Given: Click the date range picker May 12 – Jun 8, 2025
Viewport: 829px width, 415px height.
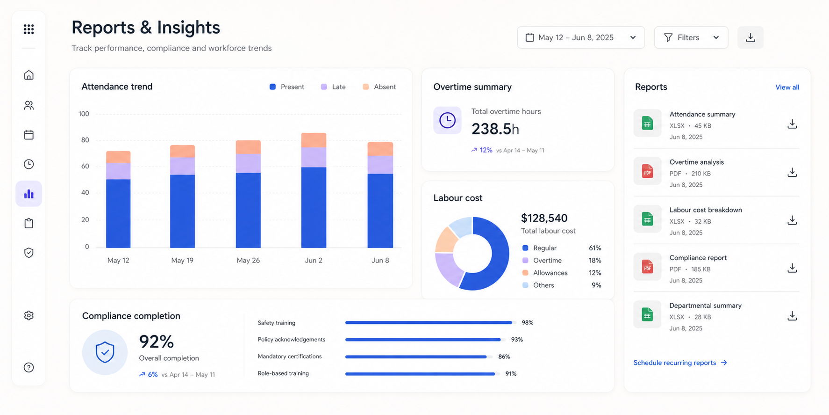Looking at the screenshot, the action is pyautogui.click(x=581, y=37).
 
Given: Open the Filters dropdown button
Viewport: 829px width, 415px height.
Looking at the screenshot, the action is pyautogui.click(x=691, y=37).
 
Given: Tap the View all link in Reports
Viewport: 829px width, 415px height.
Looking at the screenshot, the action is pyautogui.click(x=787, y=87).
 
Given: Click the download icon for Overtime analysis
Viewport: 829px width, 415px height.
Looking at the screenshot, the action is pyautogui.click(x=792, y=173).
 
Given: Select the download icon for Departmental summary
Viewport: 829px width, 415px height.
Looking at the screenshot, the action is pyautogui.click(x=792, y=316).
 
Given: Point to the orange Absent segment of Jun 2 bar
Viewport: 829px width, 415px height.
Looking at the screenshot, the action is pyautogui.click(x=314, y=140).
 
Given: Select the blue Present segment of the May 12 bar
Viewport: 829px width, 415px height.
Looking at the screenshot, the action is pyautogui.click(x=118, y=213).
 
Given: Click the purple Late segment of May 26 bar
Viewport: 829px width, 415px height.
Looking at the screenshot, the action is pyautogui.click(x=248, y=164).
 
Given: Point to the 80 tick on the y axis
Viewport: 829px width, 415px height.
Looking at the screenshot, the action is pyautogui.click(x=85, y=140).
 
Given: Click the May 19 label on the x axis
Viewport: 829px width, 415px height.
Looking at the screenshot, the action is pyautogui.click(x=182, y=260).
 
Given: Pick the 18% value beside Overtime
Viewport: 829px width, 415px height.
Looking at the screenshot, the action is pyautogui.click(x=595, y=261).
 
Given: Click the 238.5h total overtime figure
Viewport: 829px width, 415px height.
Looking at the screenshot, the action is pyautogui.click(x=495, y=129).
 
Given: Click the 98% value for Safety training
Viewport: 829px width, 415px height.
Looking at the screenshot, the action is pyautogui.click(x=528, y=323).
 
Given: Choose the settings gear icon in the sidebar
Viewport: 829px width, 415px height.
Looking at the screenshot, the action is pyautogui.click(x=29, y=315).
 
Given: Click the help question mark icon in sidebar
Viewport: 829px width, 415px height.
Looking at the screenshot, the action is pyautogui.click(x=29, y=368).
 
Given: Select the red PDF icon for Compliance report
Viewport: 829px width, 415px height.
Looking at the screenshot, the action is pyautogui.click(x=647, y=267).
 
